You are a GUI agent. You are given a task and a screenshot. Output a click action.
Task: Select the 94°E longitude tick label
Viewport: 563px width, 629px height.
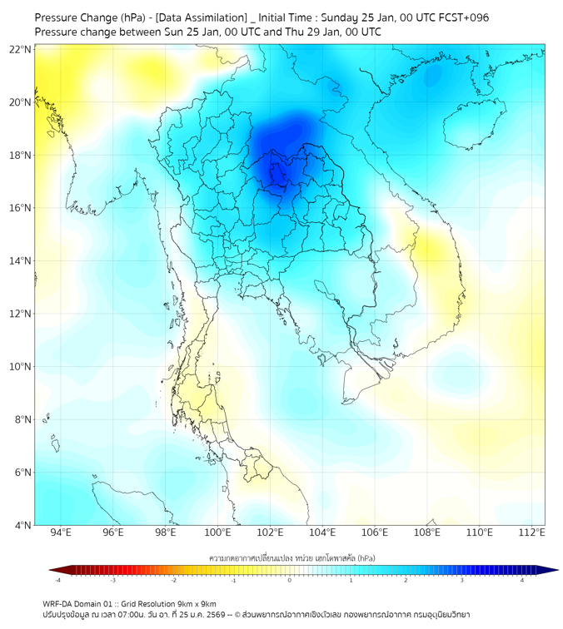(61, 533)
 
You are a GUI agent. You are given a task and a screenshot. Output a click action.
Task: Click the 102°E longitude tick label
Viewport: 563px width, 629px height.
(270, 533)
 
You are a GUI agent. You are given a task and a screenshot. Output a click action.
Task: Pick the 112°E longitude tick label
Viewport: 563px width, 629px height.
(531, 533)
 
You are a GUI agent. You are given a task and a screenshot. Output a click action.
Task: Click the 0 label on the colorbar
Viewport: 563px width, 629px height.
(290, 580)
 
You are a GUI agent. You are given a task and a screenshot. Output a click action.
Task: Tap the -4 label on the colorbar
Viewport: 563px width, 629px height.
(57, 580)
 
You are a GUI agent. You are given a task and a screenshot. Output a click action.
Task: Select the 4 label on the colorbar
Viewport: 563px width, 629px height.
(521, 580)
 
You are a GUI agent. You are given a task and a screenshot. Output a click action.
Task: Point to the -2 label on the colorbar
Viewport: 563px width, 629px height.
(173, 580)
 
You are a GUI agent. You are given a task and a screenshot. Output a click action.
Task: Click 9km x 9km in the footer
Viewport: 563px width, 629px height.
(195, 603)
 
